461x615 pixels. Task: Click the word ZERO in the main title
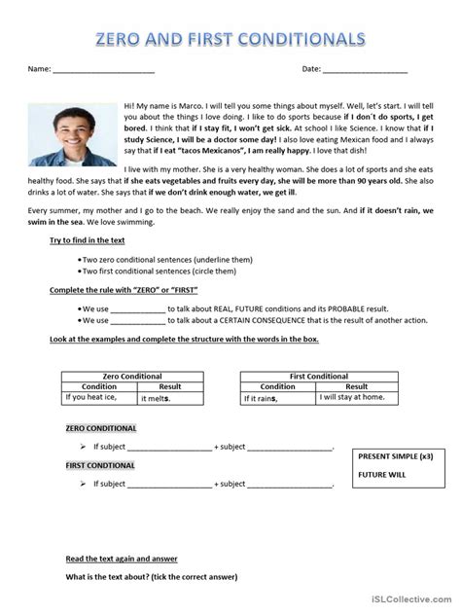122,39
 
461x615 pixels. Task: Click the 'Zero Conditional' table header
130,375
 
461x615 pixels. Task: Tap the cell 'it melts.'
158,398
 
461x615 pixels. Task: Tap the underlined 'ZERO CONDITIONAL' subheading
100,428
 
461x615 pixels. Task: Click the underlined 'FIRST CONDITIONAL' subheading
100,465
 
